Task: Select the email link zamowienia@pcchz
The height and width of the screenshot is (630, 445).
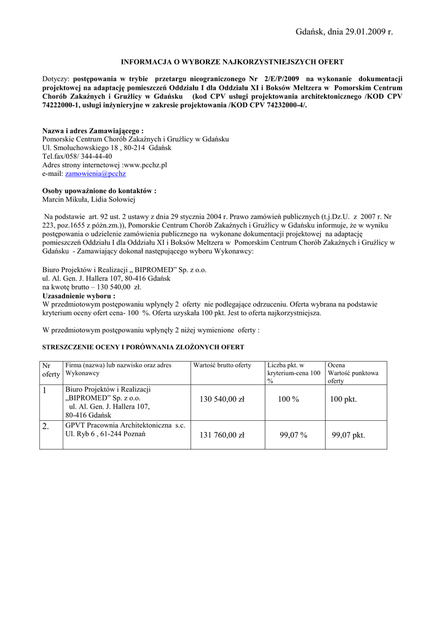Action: (99, 174)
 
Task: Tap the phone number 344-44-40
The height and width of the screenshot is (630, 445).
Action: (92, 157)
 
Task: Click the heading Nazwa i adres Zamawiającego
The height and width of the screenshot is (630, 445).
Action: (92, 131)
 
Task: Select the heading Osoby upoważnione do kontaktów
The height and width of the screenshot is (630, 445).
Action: (99, 191)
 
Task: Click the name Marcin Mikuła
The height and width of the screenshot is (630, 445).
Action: (65, 200)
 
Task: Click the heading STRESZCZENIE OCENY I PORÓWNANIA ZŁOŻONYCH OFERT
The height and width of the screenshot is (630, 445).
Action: (143, 348)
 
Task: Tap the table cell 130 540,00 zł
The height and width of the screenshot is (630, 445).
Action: (222, 400)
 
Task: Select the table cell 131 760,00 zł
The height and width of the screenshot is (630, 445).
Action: (222, 436)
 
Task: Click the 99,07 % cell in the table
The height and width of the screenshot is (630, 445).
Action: (293, 436)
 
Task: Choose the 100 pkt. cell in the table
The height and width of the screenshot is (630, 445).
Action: (343, 400)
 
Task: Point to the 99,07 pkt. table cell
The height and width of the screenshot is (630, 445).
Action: (348, 436)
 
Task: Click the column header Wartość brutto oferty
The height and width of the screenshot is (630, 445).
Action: (222, 365)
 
